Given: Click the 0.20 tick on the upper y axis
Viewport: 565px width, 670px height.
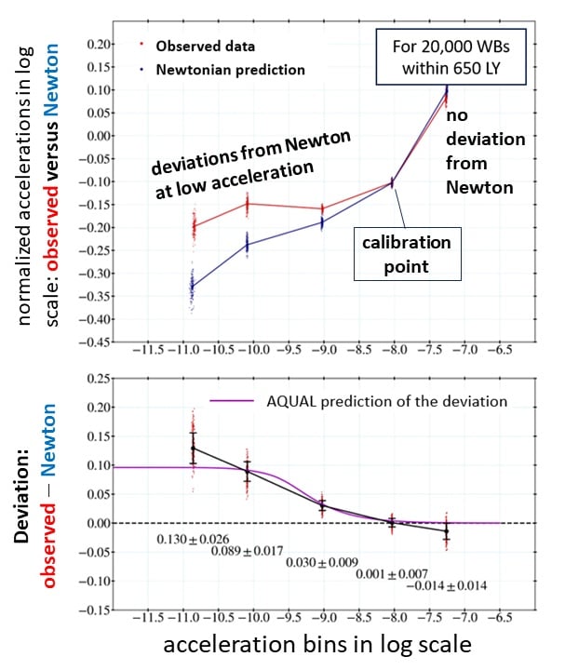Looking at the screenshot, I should [87, 44].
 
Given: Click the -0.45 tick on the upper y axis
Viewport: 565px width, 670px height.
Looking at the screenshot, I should [85, 342].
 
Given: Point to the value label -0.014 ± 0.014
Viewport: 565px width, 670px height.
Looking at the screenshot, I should [447, 585].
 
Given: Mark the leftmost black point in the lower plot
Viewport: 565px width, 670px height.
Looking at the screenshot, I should [193, 449].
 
